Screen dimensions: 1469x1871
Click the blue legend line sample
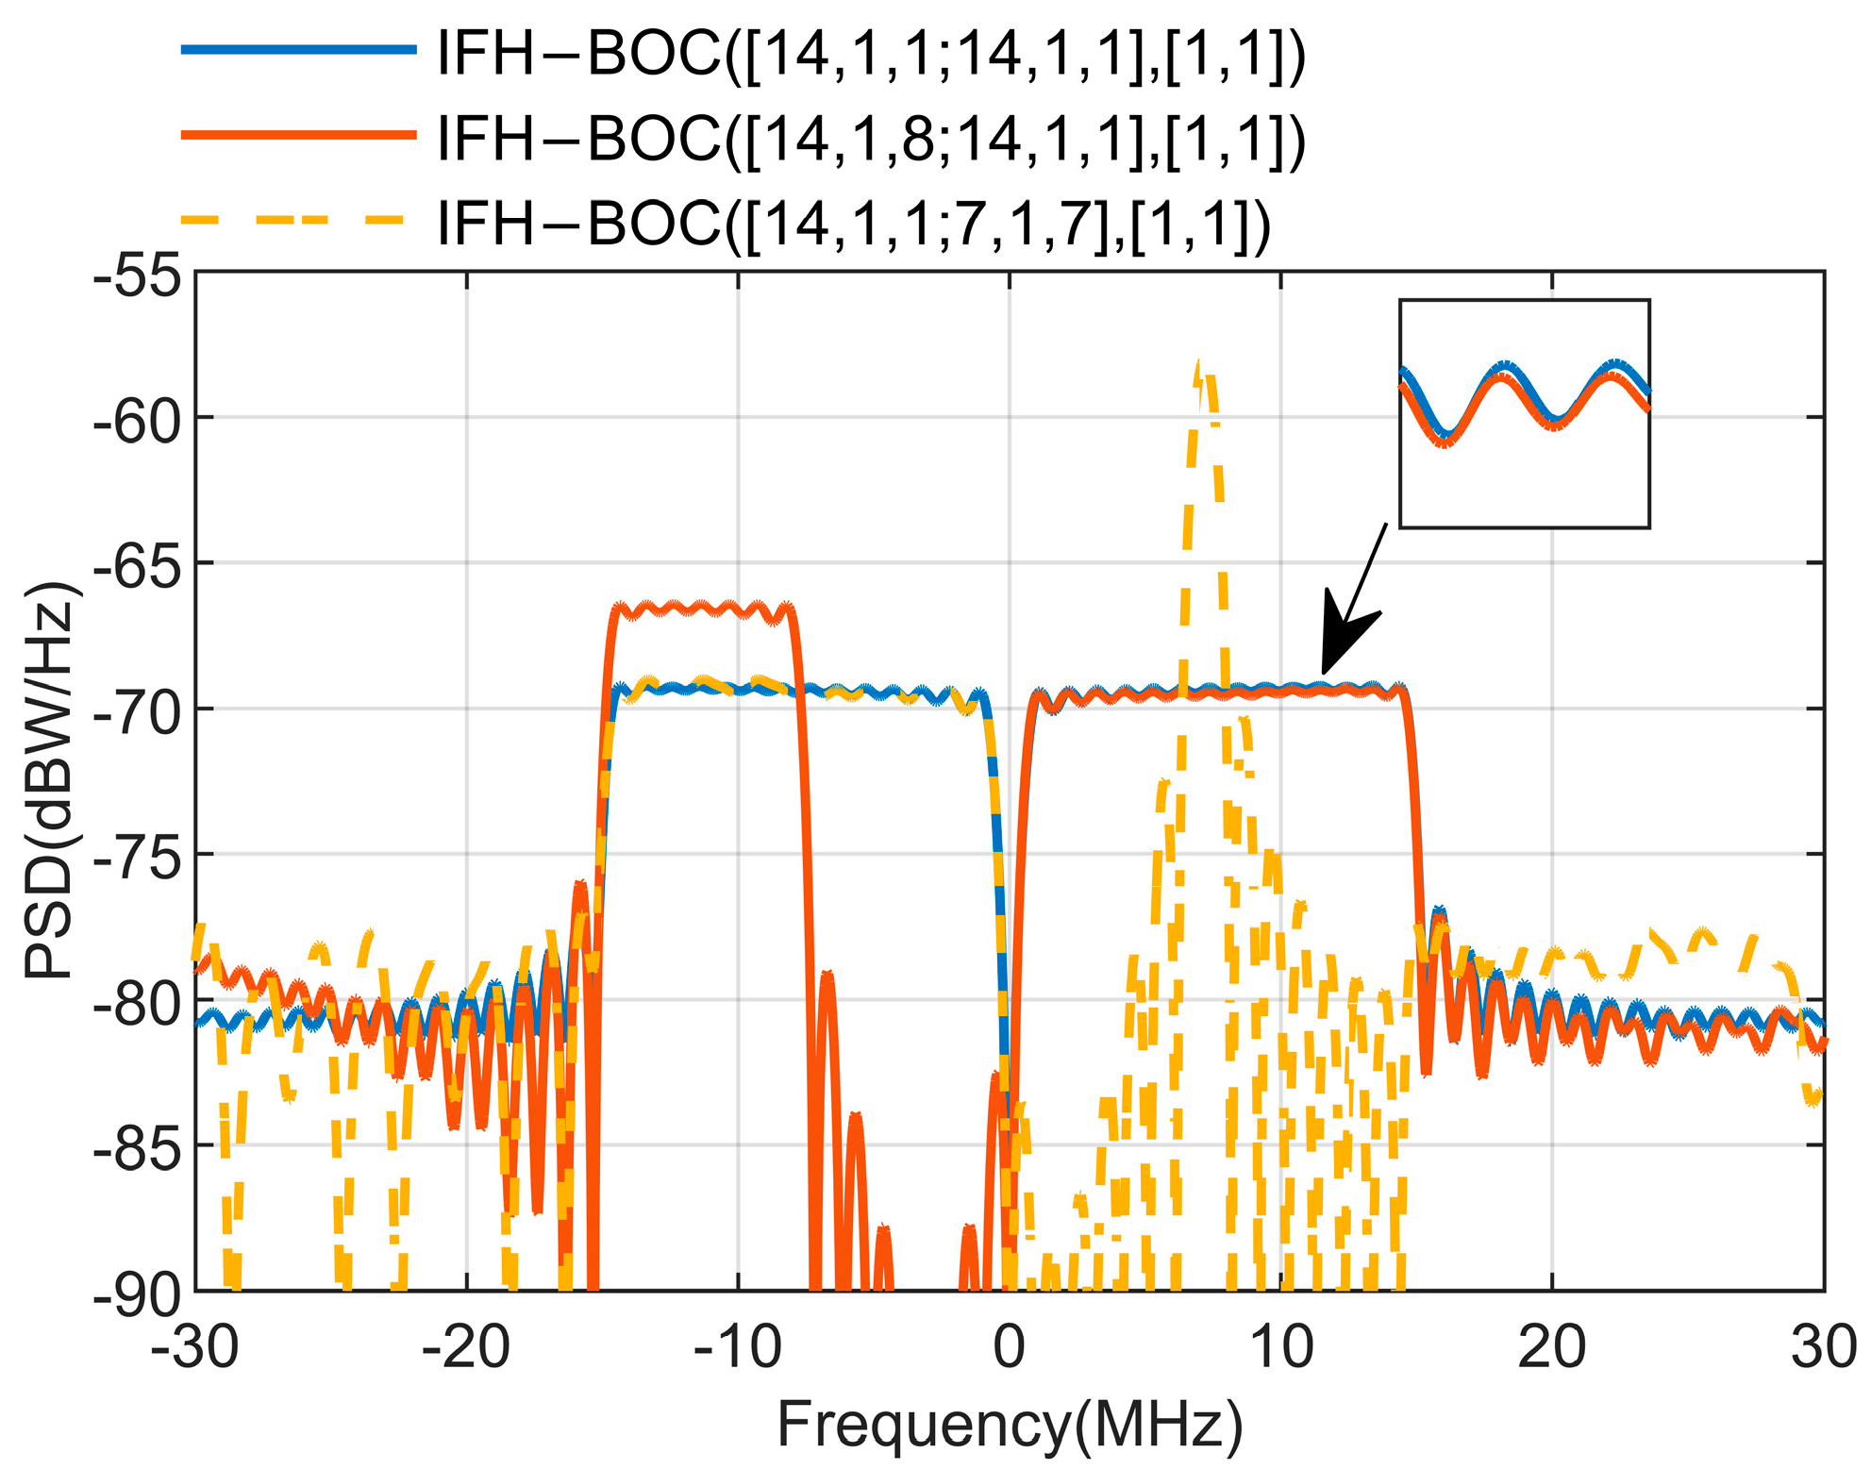(298, 50)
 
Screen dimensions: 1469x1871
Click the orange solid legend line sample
(298, 135)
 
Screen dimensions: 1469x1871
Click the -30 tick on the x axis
(195, 1347)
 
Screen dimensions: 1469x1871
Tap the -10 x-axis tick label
(737, 1347)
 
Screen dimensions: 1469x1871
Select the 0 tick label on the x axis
(1009, 1347)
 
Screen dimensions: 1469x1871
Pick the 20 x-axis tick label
(1552, 1347)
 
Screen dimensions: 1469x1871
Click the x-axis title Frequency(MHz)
(1010, 1425)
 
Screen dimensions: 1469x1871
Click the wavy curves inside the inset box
(1524, 401)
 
